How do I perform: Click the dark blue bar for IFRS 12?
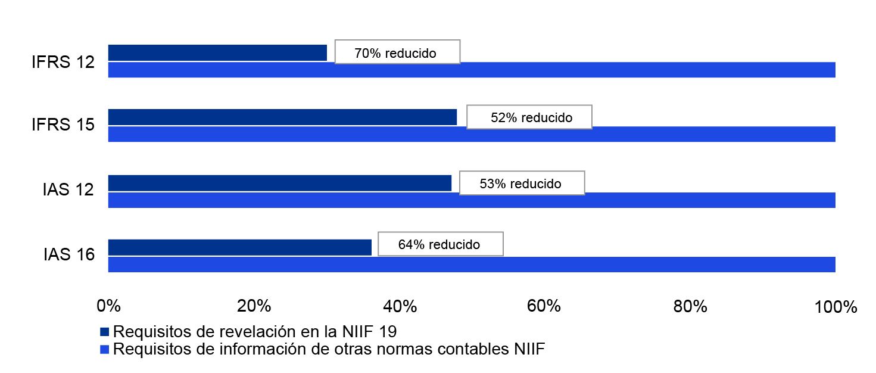[x=217, y=52]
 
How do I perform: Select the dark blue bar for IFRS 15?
[x=282, y=117]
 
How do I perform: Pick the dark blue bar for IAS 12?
[x=279, y=183]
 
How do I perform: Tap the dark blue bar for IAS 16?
[x=239, y=247]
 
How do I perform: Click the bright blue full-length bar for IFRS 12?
[x=471, y=70]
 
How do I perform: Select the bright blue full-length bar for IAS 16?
[x=471, y=265]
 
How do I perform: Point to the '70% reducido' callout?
[x=397, y=52]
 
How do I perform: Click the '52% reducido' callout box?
[x=529, y=117]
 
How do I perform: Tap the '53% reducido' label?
[x=522, y=183]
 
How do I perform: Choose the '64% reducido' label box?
[x=440, y=244]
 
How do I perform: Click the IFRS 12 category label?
[x=63, y=62]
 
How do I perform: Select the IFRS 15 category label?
[x=63, y=126]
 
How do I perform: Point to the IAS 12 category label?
[x=68, y=191]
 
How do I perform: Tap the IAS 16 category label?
[x=68, y=255]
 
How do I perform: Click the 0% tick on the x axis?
[x=108, y=307]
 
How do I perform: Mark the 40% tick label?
[x=400, y=307]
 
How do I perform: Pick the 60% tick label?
[x=545, y=307]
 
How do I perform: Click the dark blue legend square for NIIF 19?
[x=105, y=331]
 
